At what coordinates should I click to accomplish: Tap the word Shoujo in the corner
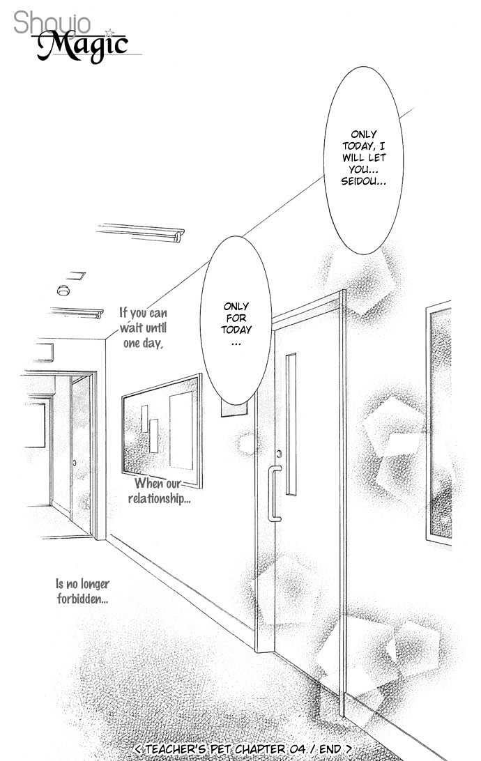pyautogui.click(x=52, y=23)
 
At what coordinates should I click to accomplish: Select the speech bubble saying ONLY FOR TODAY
pyautogui.click(x=236, y=321)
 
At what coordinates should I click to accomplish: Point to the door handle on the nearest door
pyautogui.click(x=274, y=493)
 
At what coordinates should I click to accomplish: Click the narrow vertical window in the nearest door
pyautogui.click(x=291, y=424)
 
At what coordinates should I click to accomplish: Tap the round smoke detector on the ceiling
pyautogui.click(x=63, y=290)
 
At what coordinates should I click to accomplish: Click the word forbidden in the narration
pyautogui.click(x=82, y=599)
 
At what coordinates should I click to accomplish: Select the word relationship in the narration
pyautogui.click(x=159, y=498)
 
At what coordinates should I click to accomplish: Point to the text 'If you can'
pyautogui.click(x=143, y=312)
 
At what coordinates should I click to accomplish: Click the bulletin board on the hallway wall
pyautogui.click(x=162, y=431)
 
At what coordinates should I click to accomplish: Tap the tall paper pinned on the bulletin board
pyautogui.click(x=181, y=431)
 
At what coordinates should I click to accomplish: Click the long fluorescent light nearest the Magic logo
pyautogui.click(x=140, y=232)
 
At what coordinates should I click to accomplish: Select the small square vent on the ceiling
pyautogui.click(x=76, y=276)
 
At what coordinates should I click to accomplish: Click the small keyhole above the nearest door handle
pyautogui.click(x=279, y=454)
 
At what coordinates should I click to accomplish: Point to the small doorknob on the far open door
pyautogui.click(x=75, y=463)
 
